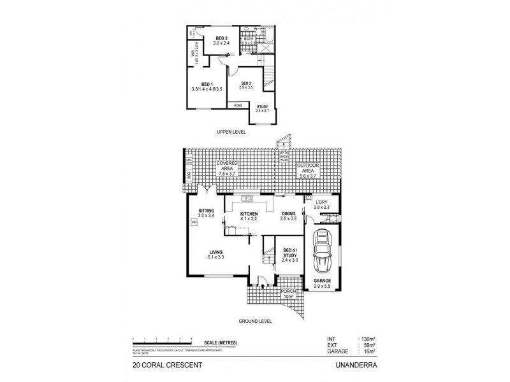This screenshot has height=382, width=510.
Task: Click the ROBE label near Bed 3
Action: pyautogui.click(x=238, y=105)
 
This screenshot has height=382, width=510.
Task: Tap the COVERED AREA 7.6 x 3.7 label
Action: pyautogui.click(x=228, y=168)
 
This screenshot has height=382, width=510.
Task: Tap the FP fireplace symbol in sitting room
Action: pyautogui.click(x=193, y=222)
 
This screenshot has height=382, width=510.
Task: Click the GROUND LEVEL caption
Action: pyautogui.click(x=255, y=321)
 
